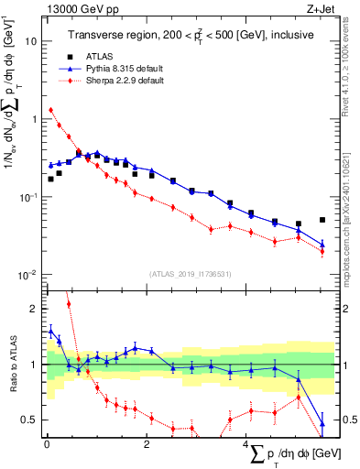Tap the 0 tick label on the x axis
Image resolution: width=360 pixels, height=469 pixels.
tap(46, 443)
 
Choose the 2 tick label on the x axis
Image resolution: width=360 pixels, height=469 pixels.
tap(145, 443)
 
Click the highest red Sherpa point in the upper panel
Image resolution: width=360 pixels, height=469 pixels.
tap(50, 110)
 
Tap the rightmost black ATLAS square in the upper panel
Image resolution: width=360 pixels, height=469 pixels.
tap(322, 220)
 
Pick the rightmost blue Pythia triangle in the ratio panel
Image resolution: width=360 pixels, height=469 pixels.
tap(322, 424)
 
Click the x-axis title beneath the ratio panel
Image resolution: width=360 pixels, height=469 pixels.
tap(293, 454)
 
